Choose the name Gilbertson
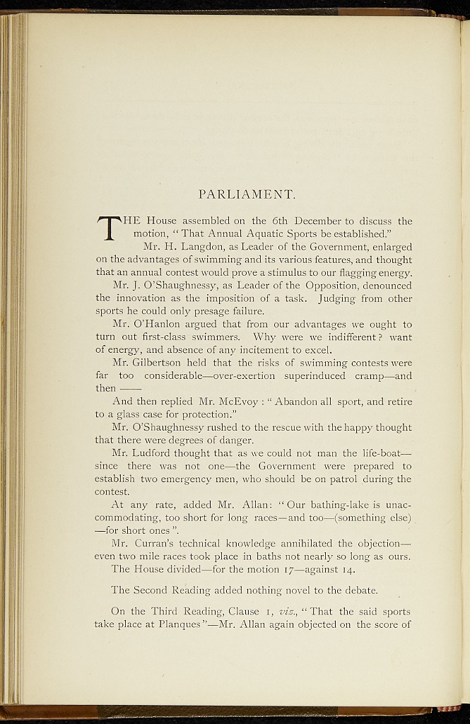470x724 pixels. (149, 363)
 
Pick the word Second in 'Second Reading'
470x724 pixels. (152, 590)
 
